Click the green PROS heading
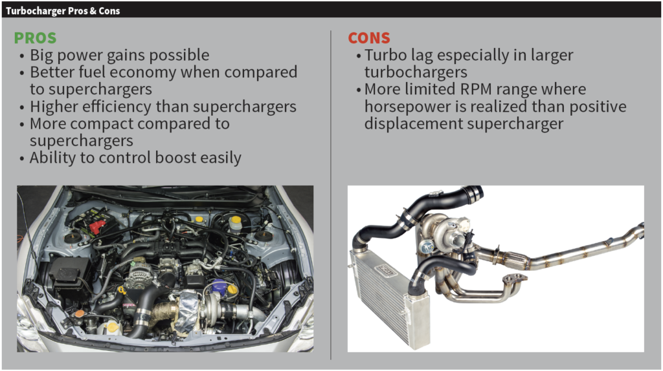tap(35, 38)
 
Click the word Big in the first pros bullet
tap(43, 55)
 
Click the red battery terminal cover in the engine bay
tap(97, 227)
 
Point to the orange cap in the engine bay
tap(79, 313)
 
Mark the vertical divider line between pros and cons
tap(331, 194)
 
